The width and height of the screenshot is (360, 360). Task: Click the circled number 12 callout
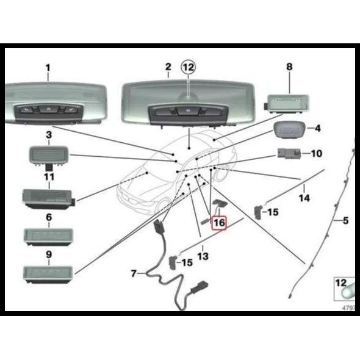point(189,67)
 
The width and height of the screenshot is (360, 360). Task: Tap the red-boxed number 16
point(219,223)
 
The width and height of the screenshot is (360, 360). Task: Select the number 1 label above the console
point(48,68)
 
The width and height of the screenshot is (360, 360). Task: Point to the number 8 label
point(289,67)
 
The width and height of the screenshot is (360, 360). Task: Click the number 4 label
point(317,128)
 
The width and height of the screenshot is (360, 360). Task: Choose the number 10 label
point(317,153)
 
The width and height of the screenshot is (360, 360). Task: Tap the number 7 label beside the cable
point(134,273)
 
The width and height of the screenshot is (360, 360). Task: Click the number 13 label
point(203,256)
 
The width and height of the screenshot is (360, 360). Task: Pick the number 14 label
point(304,198)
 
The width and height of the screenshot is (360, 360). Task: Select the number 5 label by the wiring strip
point(345,220)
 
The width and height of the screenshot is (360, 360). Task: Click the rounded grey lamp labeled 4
point(289,130)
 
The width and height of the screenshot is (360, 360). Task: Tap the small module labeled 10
point(289,153)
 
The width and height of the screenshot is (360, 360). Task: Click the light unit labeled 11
point(49,199)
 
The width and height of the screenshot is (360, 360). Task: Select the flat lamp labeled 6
point(48,237)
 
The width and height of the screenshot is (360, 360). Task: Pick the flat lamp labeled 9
point(48,275)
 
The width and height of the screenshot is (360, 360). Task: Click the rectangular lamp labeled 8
point(286,104)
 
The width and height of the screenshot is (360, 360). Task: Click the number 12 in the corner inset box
point(340,283)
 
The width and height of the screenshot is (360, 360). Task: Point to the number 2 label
point(168,67)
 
